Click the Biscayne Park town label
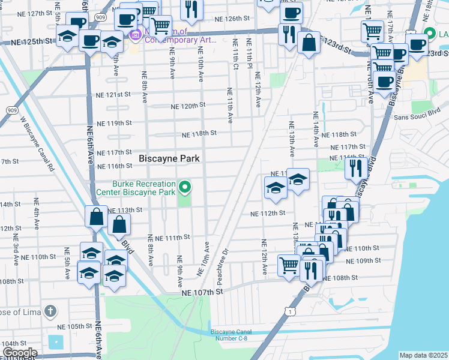point(169,159)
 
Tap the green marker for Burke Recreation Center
point(185,188)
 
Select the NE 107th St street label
point(202,291)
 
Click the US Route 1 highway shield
point(291,311)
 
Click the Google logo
point(19,353)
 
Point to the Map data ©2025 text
point(424,355)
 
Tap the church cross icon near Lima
point(52,311)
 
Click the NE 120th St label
point(188,106)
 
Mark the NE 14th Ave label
point(316,130)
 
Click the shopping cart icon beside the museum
point(160,26)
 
